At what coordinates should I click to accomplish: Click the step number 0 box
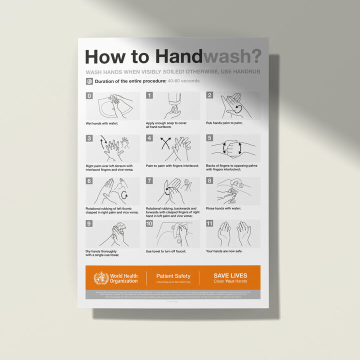(89, 95)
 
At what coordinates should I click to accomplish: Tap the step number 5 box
(209, 138)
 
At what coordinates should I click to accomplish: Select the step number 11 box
(210, 223)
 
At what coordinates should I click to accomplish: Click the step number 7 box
(149, 181)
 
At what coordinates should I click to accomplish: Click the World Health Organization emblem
(101, 278)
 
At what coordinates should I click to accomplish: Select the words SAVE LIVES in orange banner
(230, 275)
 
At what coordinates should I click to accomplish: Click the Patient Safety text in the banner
(173, 276)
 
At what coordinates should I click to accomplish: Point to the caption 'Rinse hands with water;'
(223, 208)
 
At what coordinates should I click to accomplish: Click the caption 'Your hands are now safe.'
(224, 251)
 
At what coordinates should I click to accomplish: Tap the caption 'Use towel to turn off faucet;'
(169, 251)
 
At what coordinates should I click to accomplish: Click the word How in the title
(104, 56)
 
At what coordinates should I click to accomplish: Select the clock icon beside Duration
(89, 81)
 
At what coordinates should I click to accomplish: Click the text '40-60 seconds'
(184, 81)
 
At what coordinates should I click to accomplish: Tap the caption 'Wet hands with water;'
(101, 123)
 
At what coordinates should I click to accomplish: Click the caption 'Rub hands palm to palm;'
(224, 123)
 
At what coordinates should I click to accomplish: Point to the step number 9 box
(89, 223)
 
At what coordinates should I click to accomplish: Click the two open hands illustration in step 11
(234, 233)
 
